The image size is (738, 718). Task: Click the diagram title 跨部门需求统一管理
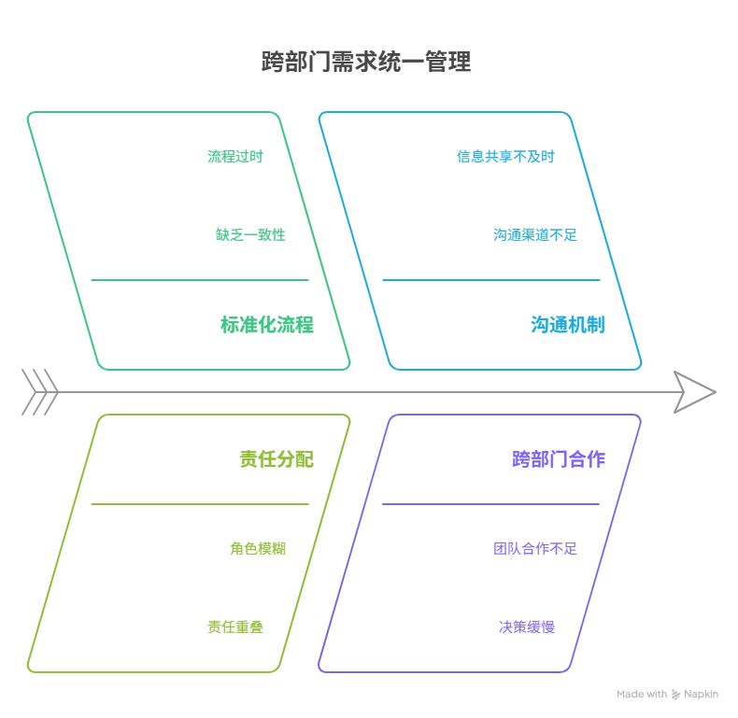(x=366, y=63)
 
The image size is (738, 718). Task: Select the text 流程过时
(x=235, y=156)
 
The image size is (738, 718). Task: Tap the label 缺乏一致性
(x=250, y=234)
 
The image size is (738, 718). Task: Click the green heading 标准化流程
(x=266, y=325)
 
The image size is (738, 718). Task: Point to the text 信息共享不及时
(x=505, y=156)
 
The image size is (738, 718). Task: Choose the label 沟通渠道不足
(x=535, y=234)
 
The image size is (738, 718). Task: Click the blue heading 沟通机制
(x=567, y=325)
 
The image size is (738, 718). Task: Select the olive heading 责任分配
(x=276, y=459)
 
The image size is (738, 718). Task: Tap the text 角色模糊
(x=258, y=548)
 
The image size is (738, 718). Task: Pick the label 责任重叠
(x=235, y=626)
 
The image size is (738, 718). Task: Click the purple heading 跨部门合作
(x=558, y=459)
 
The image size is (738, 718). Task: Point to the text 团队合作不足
(x=535, y=548)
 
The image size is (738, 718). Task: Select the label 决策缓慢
(x=527, y=626)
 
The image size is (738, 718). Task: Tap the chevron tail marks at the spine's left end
(x=39, y=392)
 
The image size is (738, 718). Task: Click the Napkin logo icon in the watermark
(x=676, y=695)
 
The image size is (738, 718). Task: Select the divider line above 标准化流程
(x=199, y=279)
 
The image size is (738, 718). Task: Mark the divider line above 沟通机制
(x=490, y=279)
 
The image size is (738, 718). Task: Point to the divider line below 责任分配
(x=199, y=504)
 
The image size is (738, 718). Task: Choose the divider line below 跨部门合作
(x=490, y=504)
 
